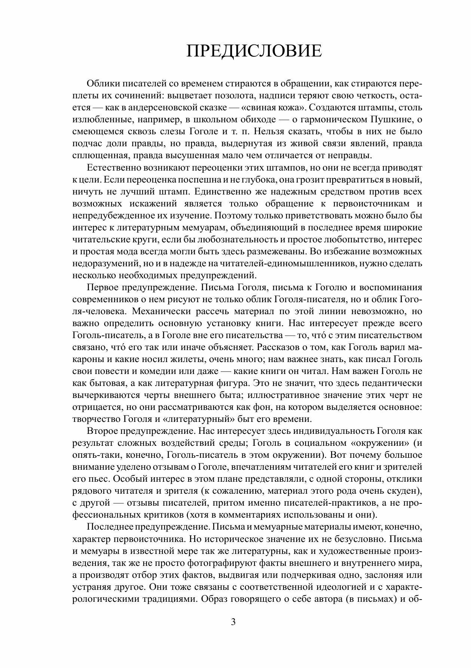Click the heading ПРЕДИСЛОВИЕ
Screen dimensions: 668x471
coord(254,51)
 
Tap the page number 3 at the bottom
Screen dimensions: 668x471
coord(233,622)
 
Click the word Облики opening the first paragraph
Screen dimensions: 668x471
coord(100,83)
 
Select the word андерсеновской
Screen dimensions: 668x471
coord(164,107)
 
